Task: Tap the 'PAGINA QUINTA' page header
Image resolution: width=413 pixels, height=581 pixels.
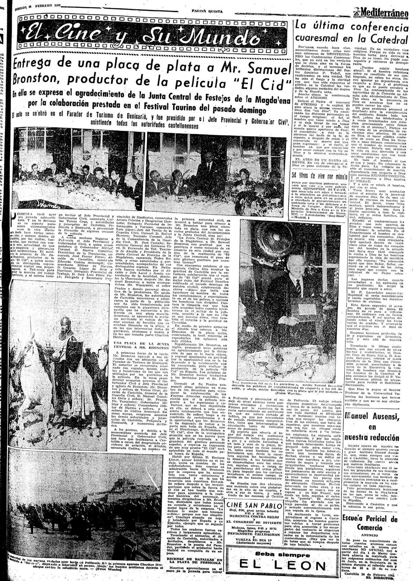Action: tap(207, 11)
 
